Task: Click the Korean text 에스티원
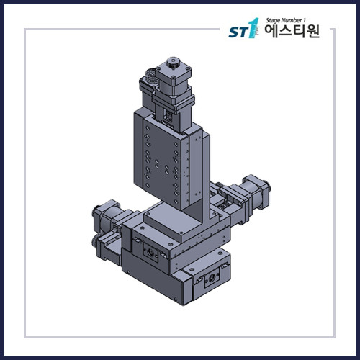[292, 33]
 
